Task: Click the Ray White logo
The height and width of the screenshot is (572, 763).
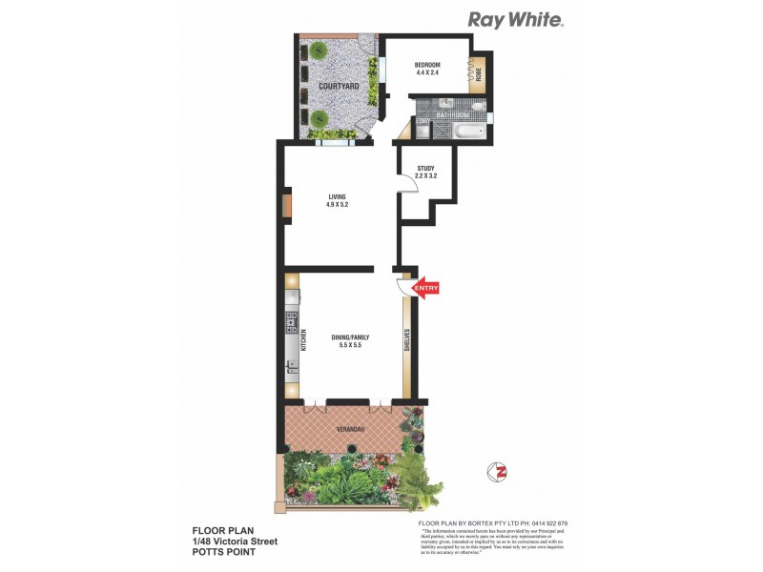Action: pos(514,19)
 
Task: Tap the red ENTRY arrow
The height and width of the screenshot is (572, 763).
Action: pos(424,287)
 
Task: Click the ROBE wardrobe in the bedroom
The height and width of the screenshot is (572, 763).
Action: pos(479,71)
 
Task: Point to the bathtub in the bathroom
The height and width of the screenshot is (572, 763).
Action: pos(469,131)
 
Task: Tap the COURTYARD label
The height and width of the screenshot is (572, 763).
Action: pos(338,87)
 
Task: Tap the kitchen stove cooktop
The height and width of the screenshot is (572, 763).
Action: pos(291,323)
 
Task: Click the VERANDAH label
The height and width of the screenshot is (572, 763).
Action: pos(350,431)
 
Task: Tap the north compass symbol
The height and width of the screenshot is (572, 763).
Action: pos(496,470)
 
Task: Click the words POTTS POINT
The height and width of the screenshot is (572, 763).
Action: pos(224,552)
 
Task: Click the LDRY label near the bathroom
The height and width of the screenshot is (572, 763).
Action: pos(421,122)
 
